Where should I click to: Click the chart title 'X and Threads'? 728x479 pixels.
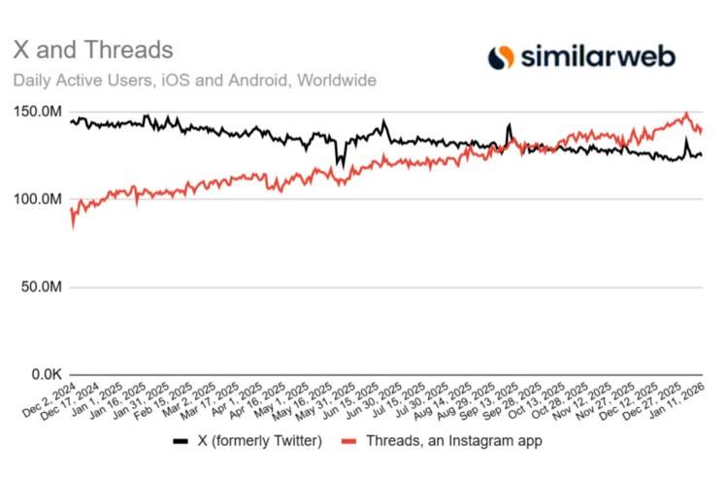[92, 50]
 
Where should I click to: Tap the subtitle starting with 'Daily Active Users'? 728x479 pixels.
[194, 81]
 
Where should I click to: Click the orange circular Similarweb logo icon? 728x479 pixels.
[502, 57]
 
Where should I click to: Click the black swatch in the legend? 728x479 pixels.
[180, 441]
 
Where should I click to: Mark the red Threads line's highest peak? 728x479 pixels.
[687, 114]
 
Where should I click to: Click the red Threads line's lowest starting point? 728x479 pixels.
[73, 227]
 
